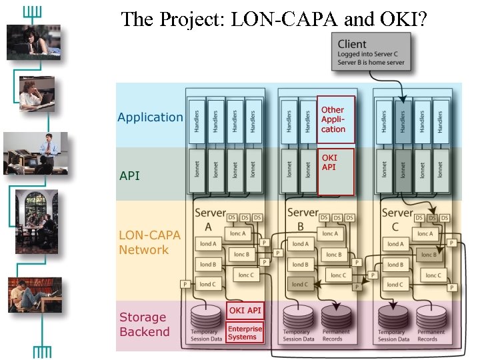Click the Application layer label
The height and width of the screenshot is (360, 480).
pos(150,117)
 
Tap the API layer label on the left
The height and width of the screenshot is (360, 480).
pos(129,176)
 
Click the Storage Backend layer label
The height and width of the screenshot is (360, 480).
pos(145,325)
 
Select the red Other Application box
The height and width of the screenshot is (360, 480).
pos(335,119)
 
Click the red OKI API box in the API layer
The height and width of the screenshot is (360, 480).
pos(335,172)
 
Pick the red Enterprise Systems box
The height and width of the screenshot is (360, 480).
pos(245,333)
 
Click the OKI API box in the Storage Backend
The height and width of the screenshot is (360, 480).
pos(245,310)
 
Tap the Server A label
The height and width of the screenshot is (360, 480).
pos(211,219)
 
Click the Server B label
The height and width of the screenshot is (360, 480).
pos(303,219)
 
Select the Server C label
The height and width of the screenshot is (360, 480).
pos(397,219)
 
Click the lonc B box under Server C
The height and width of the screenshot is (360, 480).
pos(429,255)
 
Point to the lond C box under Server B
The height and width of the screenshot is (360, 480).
pos(301,284)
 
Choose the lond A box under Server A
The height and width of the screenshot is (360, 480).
pos(208,244)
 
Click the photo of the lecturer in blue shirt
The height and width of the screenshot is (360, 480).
pos(36,153)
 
